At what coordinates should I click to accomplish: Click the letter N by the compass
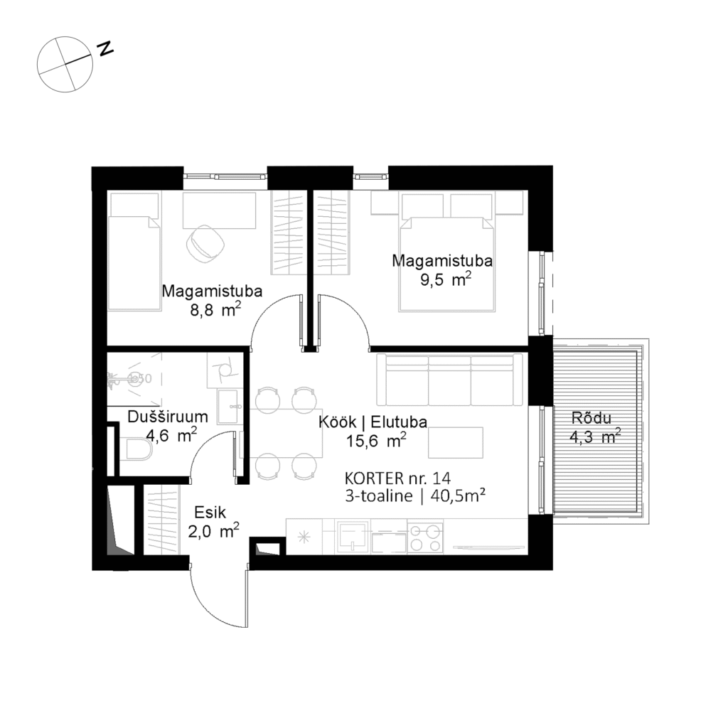[106, 48]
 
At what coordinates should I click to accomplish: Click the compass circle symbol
[65, 65]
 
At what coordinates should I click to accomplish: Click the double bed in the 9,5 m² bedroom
[446, 263]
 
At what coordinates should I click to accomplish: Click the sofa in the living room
[449, 380]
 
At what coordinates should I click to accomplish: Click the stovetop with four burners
[425, 536]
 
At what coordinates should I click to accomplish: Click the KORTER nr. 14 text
[397, 478]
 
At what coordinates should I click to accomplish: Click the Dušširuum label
[168, 417]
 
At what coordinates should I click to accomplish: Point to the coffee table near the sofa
[456, 443]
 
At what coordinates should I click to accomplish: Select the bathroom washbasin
[229, 407]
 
